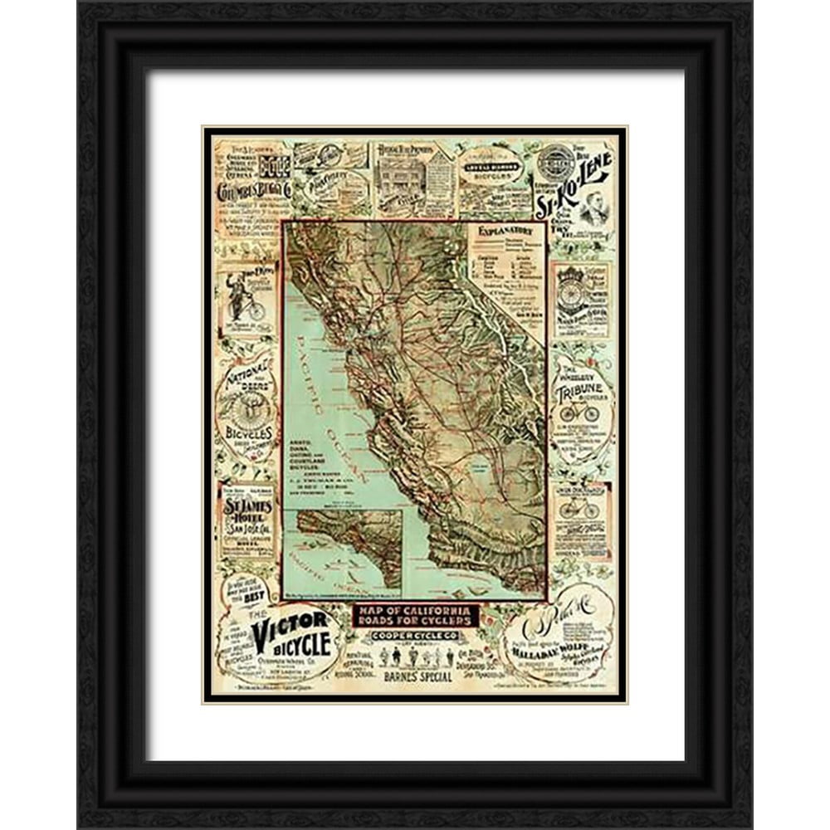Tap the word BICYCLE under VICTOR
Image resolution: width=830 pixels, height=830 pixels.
coord(295,644)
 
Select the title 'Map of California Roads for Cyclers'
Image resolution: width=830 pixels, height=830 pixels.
coord(415,616)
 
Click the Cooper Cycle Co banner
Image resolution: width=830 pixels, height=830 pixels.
coord(415,637)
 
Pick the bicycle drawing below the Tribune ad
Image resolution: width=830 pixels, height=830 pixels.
coord(578,508)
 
